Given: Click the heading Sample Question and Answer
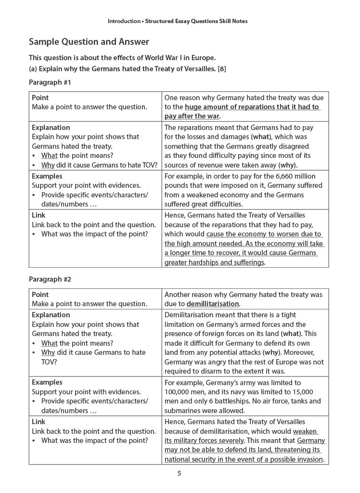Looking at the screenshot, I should click(x=89, y=42).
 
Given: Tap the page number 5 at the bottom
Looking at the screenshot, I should click(x=179, y=473).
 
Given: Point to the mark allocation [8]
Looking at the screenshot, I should click(x=222, y=68).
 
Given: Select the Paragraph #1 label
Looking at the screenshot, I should click(x=50, y=82).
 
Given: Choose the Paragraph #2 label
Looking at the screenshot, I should click(x=50, y=279).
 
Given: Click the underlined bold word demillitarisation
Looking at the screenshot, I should click(x=213, y=304).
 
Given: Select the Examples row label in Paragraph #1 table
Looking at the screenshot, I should click(x=47, y=176).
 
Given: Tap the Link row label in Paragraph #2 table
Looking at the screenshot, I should click(x=39, y=421).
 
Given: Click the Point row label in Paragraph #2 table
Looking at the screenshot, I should click(x=40, y=294).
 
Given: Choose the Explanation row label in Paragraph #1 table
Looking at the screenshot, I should click(x=51, y=128).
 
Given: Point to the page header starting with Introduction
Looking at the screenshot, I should click(x=178, y=21).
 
